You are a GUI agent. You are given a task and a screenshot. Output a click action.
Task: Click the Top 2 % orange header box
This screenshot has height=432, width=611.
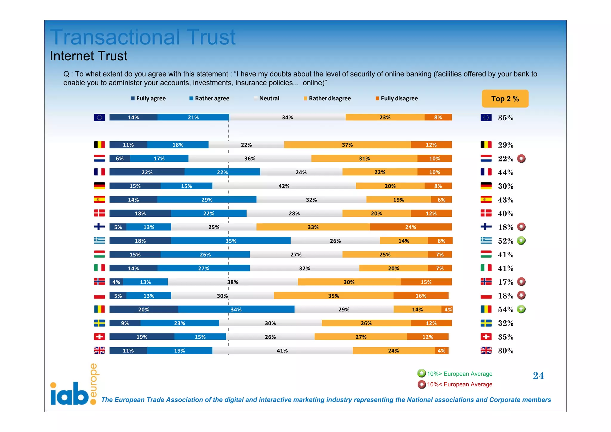click(x=505, y=99)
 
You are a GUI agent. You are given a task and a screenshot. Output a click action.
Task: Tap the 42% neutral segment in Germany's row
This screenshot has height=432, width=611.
click(x=284, y=186)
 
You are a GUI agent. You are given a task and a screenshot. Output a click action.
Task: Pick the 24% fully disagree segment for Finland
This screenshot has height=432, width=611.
click(x=411, y=227)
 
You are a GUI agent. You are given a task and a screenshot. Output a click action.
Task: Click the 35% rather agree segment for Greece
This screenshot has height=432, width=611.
click(x=231, y=241)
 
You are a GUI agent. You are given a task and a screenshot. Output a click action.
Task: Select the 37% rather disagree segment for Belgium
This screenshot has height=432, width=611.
click(x=347, y=145)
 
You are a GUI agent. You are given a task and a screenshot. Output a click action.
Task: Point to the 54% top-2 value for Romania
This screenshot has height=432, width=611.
click(x=505, y=310)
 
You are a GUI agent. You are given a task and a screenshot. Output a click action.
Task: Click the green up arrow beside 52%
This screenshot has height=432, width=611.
click(x=521, y=241)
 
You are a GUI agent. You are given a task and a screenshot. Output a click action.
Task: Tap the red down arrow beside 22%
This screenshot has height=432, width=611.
click(x=521, y=159)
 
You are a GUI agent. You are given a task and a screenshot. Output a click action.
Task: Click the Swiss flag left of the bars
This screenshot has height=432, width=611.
click(x=99, y=337)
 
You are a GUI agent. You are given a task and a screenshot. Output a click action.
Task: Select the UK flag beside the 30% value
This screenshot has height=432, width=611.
click(x=486, y=350)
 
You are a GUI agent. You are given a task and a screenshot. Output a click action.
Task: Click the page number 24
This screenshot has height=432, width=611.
click(x=538, y=376)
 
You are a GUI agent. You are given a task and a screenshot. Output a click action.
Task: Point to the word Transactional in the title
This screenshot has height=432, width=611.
click(x=115, y=37)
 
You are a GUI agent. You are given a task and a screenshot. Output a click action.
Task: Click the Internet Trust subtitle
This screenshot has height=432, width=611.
click(x=89, y=56)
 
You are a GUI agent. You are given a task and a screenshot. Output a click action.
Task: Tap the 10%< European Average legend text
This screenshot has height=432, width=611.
click(x=459, y=385)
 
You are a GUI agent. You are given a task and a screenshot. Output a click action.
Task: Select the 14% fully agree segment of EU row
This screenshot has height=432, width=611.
click(x=133, y=117)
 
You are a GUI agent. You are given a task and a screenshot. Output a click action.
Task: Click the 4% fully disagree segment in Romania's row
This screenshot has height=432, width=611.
click(x=448, y=310)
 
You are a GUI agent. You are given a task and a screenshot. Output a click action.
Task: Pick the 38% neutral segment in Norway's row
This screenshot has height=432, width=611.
click(x=232, y=282)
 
